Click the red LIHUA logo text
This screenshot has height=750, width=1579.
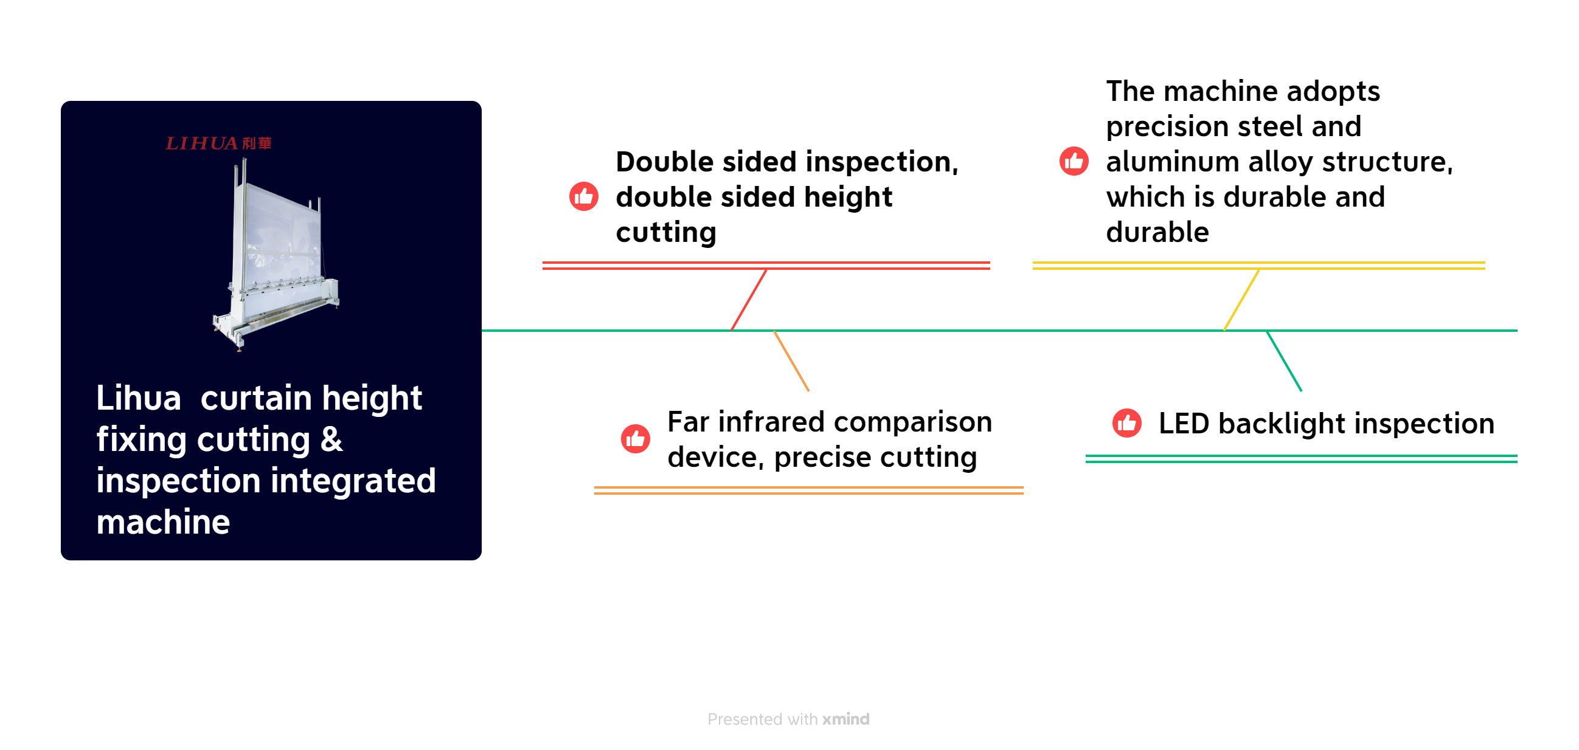pos(218,143)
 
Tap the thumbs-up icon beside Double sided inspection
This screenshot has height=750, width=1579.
pos(583,197)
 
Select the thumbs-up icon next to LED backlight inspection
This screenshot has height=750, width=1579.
pos(1126,424)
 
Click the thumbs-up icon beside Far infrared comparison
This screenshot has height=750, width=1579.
pos(635,439)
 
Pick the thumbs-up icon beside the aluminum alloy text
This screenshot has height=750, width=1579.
pos(1074,162)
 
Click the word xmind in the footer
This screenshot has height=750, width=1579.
pos(846,720)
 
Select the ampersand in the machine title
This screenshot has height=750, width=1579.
pos(331,439)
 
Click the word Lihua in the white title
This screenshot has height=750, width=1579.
pos(139,398)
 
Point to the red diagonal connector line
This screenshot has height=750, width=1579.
pos(748,300)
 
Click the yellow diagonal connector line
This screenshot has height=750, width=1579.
pos(1241,300)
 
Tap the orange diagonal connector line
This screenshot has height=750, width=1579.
pos(791,361)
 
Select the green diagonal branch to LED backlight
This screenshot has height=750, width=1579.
pos(1284,361)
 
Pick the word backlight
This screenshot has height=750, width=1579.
pos(1282,424)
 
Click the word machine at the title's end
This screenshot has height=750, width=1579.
pos(163,523)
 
